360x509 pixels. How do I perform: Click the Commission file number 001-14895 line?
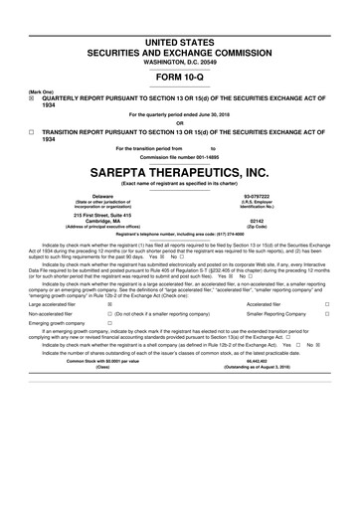tap(179, 155)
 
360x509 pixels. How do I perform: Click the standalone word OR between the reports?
tap(179, 123)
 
